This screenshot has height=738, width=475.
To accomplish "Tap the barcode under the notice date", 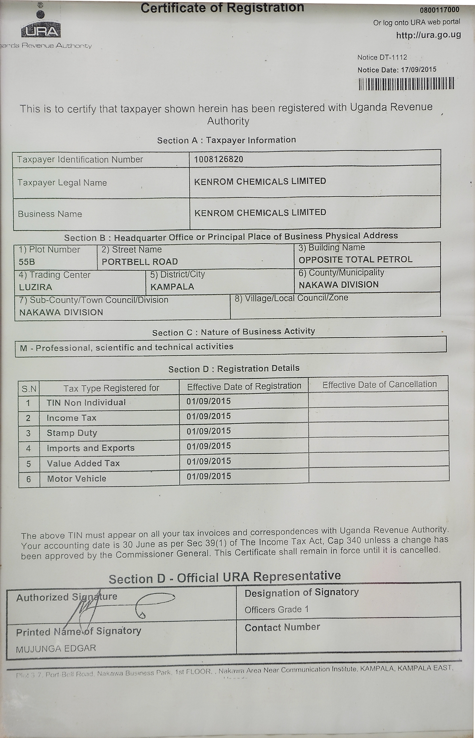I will tap(406, 84).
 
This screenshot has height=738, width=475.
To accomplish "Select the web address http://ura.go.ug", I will tap(428, 35).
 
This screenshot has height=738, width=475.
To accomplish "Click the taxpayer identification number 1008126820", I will tap(218, 159).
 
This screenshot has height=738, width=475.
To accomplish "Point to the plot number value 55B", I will tap(27, 262).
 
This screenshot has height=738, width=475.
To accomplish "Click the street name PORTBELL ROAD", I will tap(140, 262).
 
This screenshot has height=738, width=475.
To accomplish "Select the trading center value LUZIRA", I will tap(36, 287).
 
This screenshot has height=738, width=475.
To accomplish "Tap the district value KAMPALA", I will tap(172, 287).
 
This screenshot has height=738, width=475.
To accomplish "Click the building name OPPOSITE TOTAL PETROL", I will tap(355, 259).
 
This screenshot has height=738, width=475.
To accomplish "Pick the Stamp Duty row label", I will tap(72, 433).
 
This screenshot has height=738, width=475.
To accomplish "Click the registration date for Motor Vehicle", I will tap(209, 476).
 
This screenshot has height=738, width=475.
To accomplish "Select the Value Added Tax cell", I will tap(83, 463).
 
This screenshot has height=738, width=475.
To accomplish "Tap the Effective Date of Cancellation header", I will tap(379, 385).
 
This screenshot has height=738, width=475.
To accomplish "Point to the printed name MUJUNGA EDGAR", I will tap(56, 648).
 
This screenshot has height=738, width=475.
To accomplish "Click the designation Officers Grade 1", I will tap(277, 610).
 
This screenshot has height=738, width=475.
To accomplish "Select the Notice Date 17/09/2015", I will tap(397, 70).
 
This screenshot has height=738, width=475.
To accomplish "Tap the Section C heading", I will tap(233, 332).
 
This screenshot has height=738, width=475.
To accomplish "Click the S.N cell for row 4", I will tap(29, 449).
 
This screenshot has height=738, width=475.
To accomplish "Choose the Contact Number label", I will tap(282, 627).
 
